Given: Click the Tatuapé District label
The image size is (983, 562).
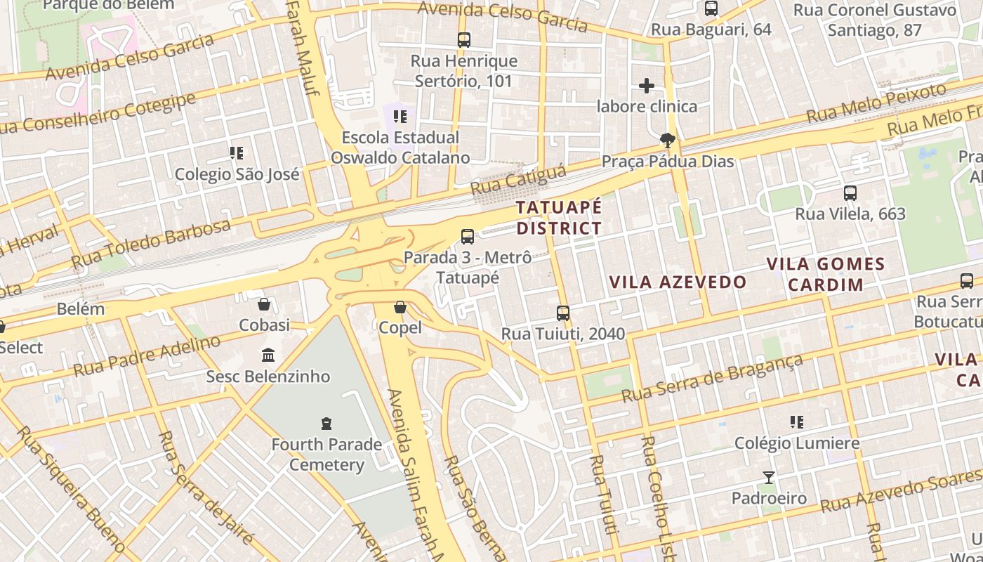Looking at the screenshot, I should (x=559, y=218).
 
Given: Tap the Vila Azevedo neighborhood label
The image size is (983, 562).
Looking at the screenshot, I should (x=678, y=282).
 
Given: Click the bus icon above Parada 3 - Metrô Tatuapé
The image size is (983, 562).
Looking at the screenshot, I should (x=468, y=237).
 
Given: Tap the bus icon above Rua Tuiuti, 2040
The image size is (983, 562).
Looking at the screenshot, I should (x=563, y=313).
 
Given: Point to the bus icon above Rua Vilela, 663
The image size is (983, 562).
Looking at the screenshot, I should (x=850, y=193).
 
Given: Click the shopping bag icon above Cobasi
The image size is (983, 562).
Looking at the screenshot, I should (x=264, y=304).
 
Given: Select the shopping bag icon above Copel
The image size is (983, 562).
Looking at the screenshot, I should (x=400, y=307).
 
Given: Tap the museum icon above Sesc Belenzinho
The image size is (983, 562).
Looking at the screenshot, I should (x=268, y=355).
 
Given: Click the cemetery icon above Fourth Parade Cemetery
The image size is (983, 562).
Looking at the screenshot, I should (x=326, y=423).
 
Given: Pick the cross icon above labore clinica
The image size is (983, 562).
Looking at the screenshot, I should (x=647, y=86).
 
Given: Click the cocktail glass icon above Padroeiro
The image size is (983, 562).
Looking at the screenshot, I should (x=769, y=478).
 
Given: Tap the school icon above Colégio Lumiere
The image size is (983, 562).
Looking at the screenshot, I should (x=796, y=422).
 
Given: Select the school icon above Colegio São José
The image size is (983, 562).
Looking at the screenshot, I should (x=237, y=152).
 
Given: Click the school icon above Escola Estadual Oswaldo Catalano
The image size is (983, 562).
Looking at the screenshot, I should (x=400, y=116).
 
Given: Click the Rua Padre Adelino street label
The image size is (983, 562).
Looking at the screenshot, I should (x=147, y=356).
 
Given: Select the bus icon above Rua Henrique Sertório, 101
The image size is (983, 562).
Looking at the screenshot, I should (x=464, y=40).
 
